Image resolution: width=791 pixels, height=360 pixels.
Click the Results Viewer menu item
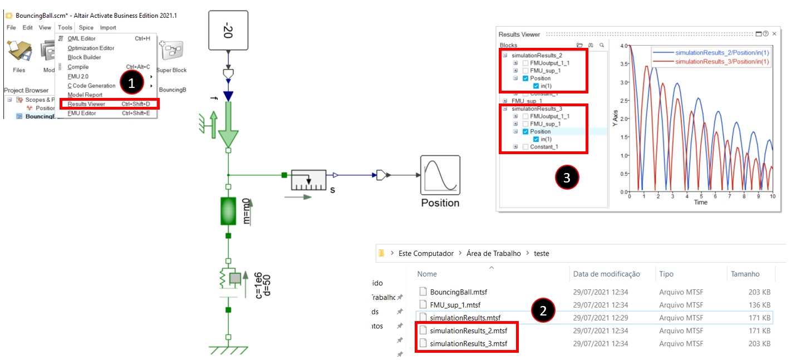tap(86, 103)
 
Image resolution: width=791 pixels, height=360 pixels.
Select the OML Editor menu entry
tap(81, 38)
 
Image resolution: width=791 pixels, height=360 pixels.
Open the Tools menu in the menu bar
tap(65, 27)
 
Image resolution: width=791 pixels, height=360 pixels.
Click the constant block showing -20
tap(227, 28)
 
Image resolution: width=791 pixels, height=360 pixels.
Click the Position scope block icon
tap(440, 175)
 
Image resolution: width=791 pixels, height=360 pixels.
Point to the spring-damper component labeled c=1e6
tap(231, 280)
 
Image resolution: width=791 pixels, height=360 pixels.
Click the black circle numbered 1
tap(131, 83)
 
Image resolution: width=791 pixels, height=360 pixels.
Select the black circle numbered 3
tap(567, 177)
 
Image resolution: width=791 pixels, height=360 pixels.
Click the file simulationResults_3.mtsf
tap(468, 343)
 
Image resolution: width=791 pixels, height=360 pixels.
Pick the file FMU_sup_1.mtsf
tap(455, 305)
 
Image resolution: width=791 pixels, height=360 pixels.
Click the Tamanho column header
tap(746, 274)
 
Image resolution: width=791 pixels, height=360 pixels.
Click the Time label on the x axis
tap(701, 203)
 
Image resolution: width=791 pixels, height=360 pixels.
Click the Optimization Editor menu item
tap(91, 48)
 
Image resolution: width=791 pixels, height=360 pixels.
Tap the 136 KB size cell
tap(759, 305)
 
